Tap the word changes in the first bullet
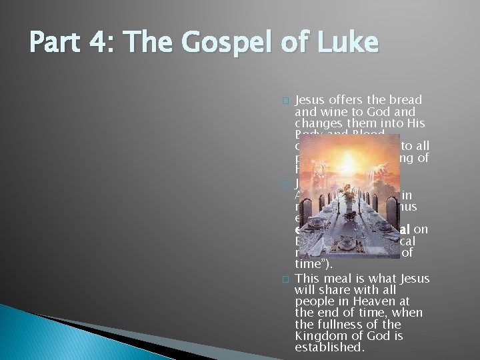[316, 124]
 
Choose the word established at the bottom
[329, 347]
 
